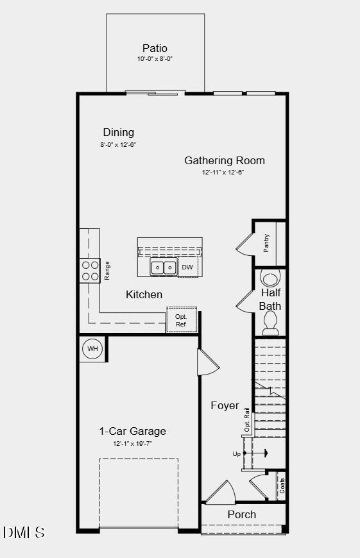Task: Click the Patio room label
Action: click(155, 48)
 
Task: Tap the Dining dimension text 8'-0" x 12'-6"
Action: click(118, 144)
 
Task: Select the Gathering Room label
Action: click(225, 160)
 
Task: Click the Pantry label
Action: click(266, 243)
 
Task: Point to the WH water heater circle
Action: click(92, 349)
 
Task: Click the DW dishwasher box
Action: click(187, 267)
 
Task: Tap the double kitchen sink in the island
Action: click(164, 267)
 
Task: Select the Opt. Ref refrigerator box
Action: click(181, 320)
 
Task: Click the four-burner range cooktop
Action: click(89, 270)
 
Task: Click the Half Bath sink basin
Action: click(271, 278)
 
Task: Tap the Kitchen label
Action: click(144, 294)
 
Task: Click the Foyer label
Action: click(225, 405)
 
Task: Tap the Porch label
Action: click(241, 514)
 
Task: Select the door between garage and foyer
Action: click(208, 364)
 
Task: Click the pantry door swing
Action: click(245, 243)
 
